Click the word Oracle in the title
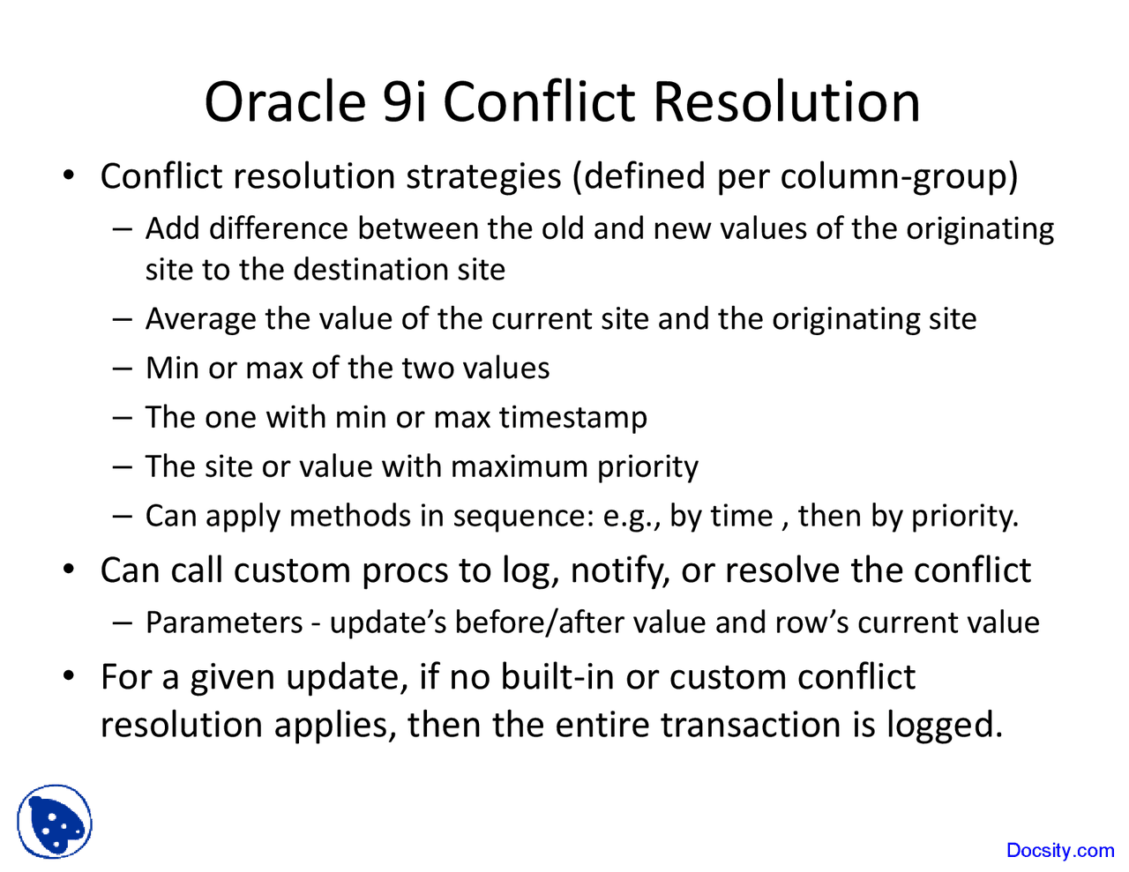point(284,101)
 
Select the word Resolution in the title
point(787,101)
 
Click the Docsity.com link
point(1060,850)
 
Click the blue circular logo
point(54,822)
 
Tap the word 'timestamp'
point(573,417)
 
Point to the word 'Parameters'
point(224,622)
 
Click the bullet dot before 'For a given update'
point(68,677)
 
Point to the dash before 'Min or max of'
point(123,368)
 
